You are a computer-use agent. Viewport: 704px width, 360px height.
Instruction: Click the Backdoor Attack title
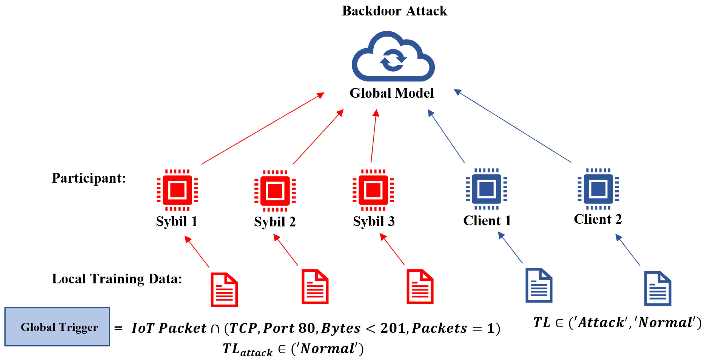(x=394, y=11)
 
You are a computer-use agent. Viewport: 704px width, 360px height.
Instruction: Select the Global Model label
(x=392, y=93)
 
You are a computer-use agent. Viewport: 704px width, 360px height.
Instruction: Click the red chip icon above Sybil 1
(x=177, y=190)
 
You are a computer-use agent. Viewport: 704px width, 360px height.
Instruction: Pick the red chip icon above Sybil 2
(x=275, y=191)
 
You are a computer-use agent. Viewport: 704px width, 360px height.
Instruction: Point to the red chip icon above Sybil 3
(x=373, y=190)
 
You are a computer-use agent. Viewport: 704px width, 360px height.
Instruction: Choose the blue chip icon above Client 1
(x=487, y=189)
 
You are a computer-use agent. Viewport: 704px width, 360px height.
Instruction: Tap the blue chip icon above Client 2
(x=598, y=189)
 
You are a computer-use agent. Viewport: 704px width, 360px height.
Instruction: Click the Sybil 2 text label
(x=275, y=221)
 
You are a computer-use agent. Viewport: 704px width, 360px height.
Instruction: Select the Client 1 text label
(x=487, y=221)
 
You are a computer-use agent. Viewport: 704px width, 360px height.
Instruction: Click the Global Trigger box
(x=57, y=327)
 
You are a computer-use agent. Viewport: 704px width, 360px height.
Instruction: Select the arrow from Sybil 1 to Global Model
(x=263, y=128)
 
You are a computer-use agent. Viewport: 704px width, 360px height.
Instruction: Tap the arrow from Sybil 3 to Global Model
(x=374, y=136)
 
